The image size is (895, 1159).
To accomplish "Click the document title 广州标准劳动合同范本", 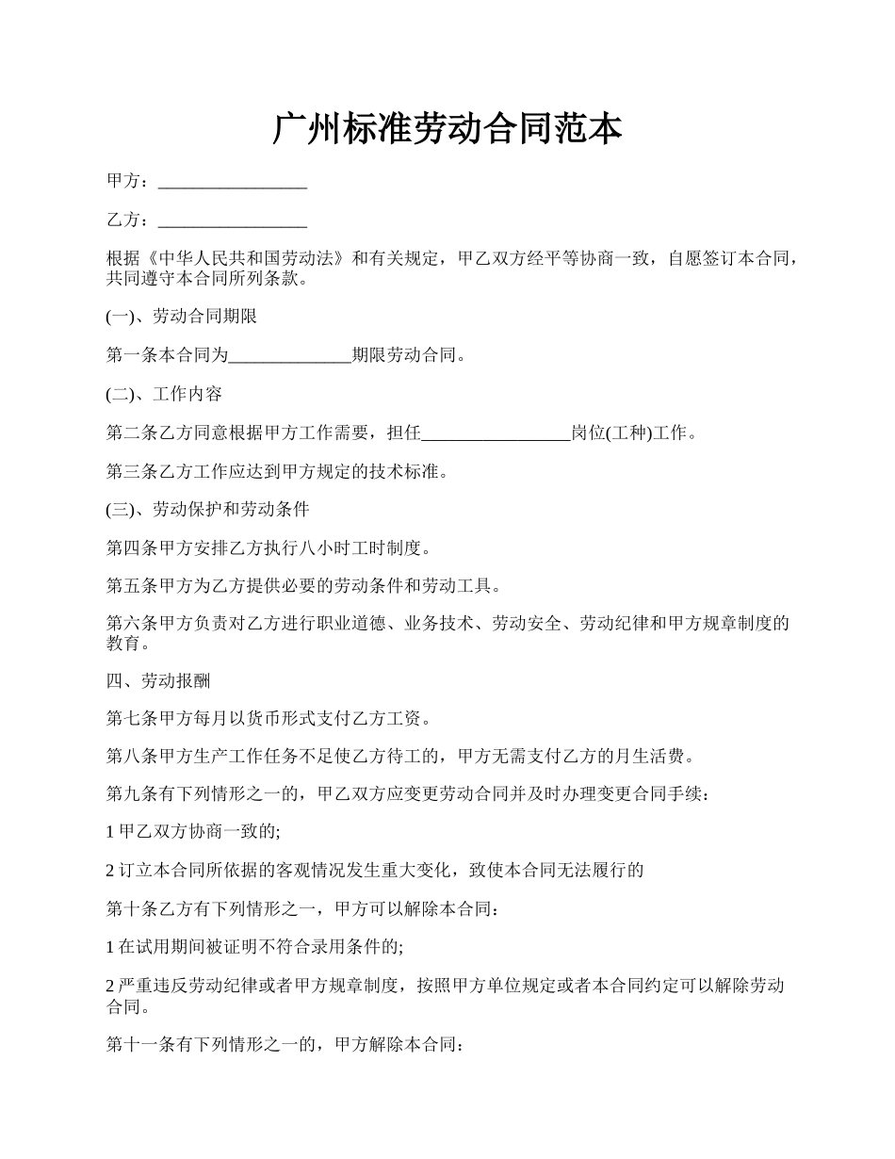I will [x=447, y=129].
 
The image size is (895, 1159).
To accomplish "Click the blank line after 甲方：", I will [x=233, y=182].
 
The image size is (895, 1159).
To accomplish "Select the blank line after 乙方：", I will [x=233, y=220].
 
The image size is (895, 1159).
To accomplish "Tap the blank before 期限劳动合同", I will [x=290, y=356].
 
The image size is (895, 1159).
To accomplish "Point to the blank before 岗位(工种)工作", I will [x=496, y=433].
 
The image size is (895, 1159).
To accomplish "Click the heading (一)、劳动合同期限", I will [x=182, y=317].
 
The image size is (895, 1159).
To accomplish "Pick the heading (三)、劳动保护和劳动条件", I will [x=208, y=510].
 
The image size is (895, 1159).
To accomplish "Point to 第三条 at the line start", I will [x=128, y=471].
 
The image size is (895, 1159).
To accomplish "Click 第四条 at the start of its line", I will [x=128, y=547].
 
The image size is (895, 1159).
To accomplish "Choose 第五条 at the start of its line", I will [x=128, y=586].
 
